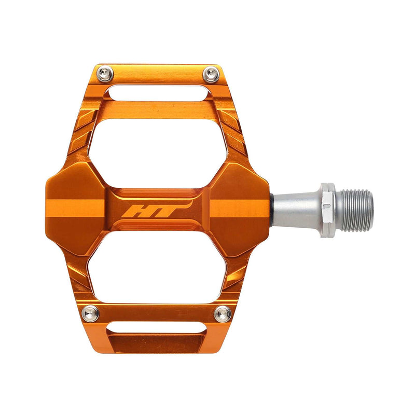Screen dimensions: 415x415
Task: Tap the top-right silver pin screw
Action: coord(211,74)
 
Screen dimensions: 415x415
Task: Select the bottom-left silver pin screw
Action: coord(91,313)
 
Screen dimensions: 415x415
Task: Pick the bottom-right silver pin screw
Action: coord(223,313)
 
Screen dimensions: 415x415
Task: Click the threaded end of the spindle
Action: coord(355,210)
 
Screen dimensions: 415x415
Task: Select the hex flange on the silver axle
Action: coord(326,210)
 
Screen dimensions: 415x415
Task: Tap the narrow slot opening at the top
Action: coord(158,94)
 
